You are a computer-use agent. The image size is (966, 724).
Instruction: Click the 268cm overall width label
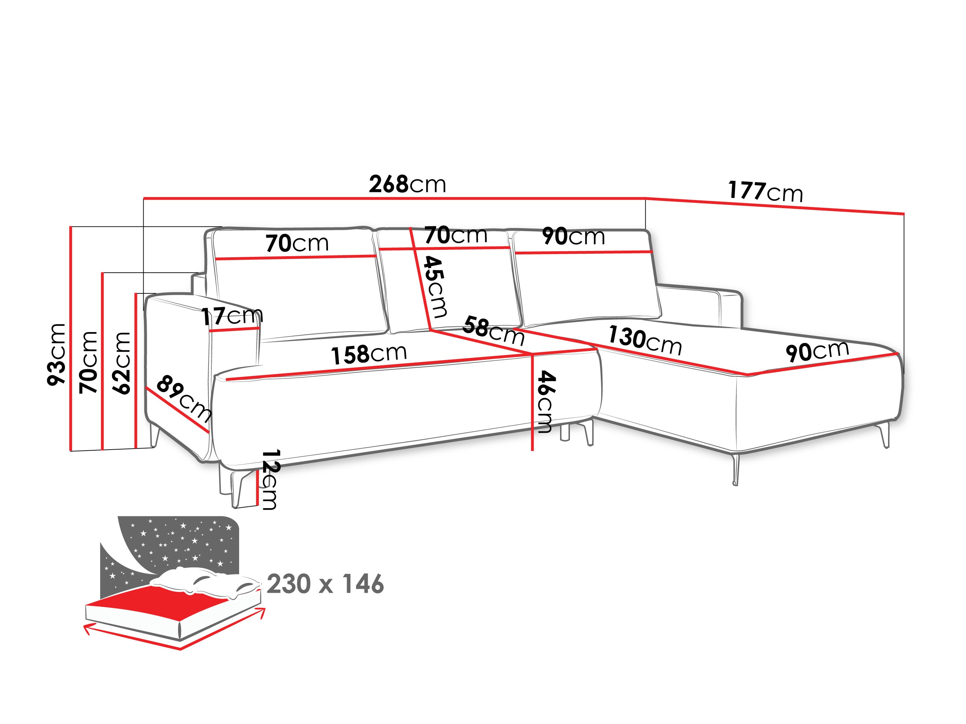pyautogui.click(x=407, y=185)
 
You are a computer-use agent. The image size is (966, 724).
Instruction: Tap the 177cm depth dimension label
pyautogui.click(x=765, y=192)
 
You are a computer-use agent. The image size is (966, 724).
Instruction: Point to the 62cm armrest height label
pyautogui.click(x=121, y=363)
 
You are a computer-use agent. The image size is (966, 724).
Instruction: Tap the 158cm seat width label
pyautogui.click(x=369, y=354)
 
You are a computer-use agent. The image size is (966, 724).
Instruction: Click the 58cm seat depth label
pyautogui.click(x=493, y=331)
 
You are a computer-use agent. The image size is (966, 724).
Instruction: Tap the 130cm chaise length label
pyautogui.click(x=645, y=340)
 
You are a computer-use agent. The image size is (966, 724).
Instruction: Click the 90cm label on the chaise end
pyautogui.click(x=817, y=351)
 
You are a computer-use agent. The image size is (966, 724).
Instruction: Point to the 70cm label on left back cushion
pyautogui.click(x=297, y=243)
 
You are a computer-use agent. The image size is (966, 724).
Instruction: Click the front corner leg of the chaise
pyautogui.click(x=735, y=470)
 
